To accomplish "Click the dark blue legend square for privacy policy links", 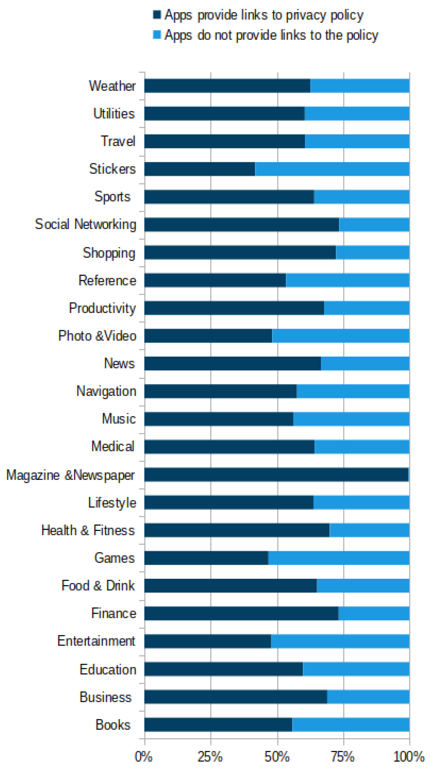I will (x=157, y=14).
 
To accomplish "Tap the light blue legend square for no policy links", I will (x=157, y=35).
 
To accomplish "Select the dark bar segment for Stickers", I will (x=199, y=169).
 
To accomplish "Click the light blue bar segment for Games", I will (x=339, y=558).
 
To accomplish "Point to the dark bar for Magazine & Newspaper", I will (x=276, y=475).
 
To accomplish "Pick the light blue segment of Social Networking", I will (x=374, y=225).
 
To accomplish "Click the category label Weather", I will (x=112, y=86).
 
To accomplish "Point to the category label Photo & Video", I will (x=97, y=335).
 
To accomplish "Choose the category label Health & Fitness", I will (x=88, y=530).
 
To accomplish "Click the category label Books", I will (x=113, y=725).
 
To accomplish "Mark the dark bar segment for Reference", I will (x=215, y=280).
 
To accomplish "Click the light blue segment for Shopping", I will (x=373, y=252).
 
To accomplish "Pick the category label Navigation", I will (x=106, y=391).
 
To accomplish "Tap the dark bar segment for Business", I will (x=236, y=697).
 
